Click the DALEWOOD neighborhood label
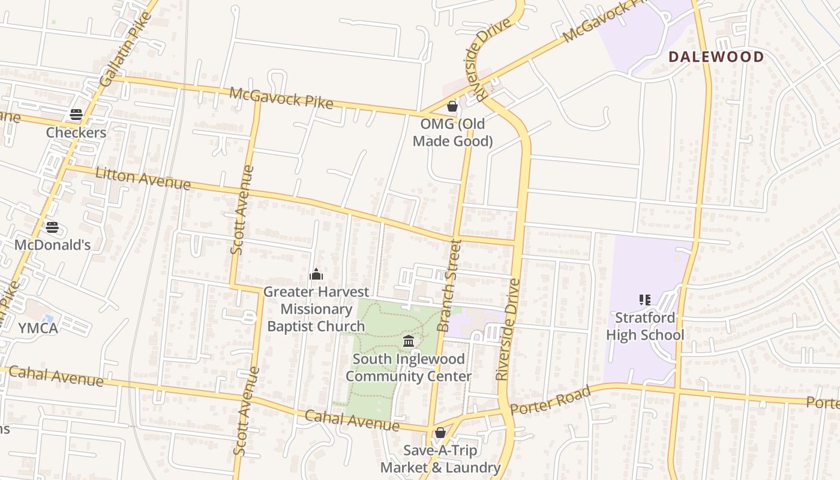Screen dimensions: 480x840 pyautogui.click(x=716, y=57)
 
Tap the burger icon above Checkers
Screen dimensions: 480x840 pyautogui.click(x=76, y=115)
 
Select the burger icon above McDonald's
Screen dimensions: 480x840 pyautogui.click(x=52, y=227)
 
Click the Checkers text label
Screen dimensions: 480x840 pyautogui.click(x=76, y=133)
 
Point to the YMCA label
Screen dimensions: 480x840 pyautogui.click(x=38, y=328)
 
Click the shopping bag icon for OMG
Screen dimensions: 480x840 pyautogui.click(x=452, y=106)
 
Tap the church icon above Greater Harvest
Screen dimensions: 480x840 pyautogui.click(x=316, y=274)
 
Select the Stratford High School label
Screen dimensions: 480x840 pyautogui.click(x=645, y=326)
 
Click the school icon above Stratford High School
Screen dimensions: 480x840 pyautogui.click(x=645, y=299)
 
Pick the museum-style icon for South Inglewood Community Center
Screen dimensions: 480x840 pyautogui.click(x=409, y=341)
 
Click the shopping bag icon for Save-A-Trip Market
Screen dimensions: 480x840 pyautogui.click(x=440, y=433)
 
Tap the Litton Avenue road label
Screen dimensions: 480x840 pyautogui.click(x=143, y=178)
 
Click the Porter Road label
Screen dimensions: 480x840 pyautogui.click(x=550, y=400)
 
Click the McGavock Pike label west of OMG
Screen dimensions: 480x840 pyautogui.click(x=281, y=98)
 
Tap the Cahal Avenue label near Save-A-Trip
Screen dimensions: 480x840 pyautogui.click(x=352, y=421)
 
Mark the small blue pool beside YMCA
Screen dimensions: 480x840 pyautogui.click(x=48, y=318)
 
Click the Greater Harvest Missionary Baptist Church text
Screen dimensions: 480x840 pyautogui.click(x=316, y=309)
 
